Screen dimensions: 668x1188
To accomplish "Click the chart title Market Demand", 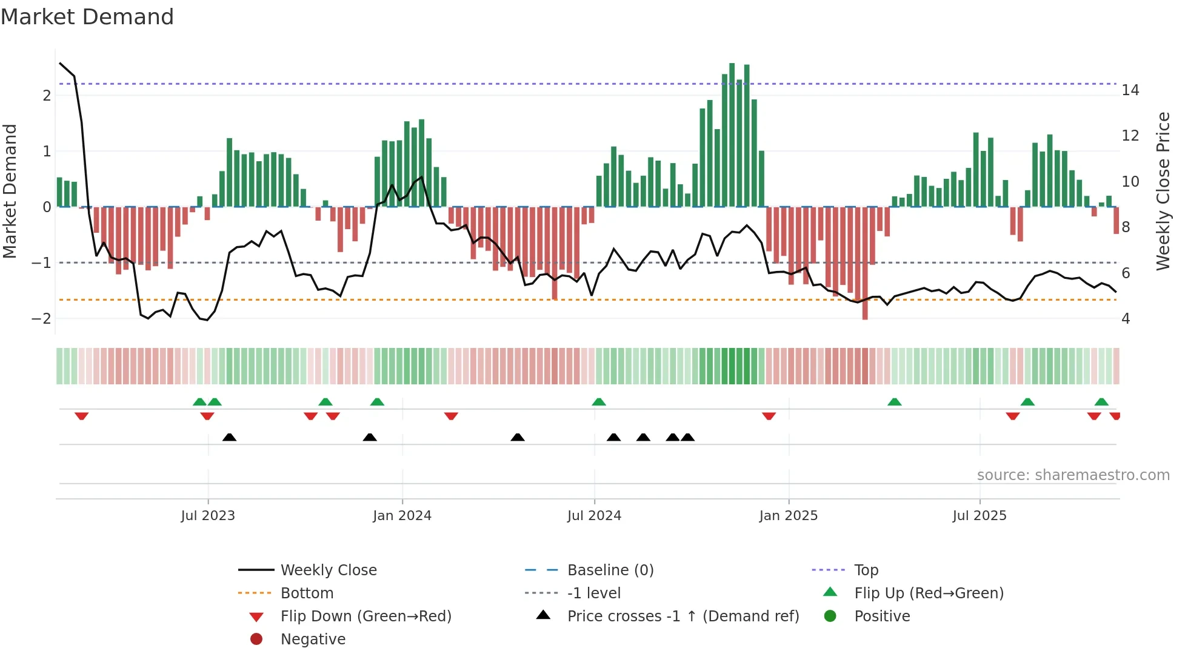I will click(x=87, y=17).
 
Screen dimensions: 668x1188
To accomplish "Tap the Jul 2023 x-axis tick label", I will click(x=208, y=516).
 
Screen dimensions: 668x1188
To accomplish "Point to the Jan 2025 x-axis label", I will click(x=788, y=516).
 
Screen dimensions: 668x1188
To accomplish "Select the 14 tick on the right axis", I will click(x=1130, y=90).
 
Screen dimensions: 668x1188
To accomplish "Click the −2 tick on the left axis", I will click(x=41, y=319).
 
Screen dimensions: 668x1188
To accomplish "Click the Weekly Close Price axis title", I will click(x=1163, y=191).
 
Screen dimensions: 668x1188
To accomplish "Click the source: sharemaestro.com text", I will click(x=1073, y=475).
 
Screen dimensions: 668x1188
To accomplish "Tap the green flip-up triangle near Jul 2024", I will click(x=599, y=402).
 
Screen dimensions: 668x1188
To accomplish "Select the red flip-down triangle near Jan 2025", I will click(x=769, y=416).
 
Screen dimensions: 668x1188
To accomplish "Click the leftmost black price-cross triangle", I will click(x=229, y=437).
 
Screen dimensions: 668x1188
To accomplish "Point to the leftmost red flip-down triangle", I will click(x=82, y=416).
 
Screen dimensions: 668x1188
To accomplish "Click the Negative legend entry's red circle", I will click(x=256, y=640).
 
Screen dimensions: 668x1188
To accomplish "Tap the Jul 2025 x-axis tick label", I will click(x=979, y=516).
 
